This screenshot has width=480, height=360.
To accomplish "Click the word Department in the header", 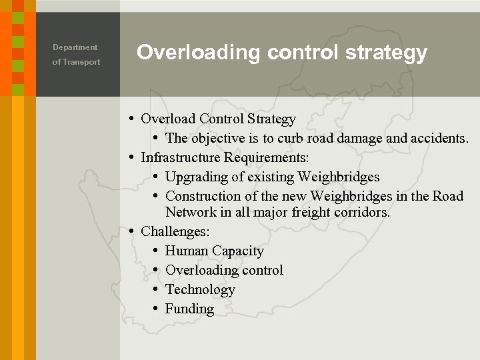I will click(x=75, y=47).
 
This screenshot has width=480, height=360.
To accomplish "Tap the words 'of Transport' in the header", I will click(x=76, y=62).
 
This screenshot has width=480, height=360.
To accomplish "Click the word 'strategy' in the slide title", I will click(x=386, y=53).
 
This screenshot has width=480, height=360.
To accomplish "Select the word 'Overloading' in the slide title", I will click(x=198, y=53).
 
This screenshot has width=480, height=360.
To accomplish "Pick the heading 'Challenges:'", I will click(x=175, y=232).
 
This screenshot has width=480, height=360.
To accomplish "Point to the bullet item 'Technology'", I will click(x=200, y=290).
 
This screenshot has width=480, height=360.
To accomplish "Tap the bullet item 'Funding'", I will click(x=189, y=309).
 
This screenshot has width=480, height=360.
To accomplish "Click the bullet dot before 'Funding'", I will click(x=155, y=309).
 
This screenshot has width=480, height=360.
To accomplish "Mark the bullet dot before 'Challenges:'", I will click(x=132, y=231).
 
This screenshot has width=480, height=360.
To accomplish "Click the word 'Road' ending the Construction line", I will click(x=447, y=197).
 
